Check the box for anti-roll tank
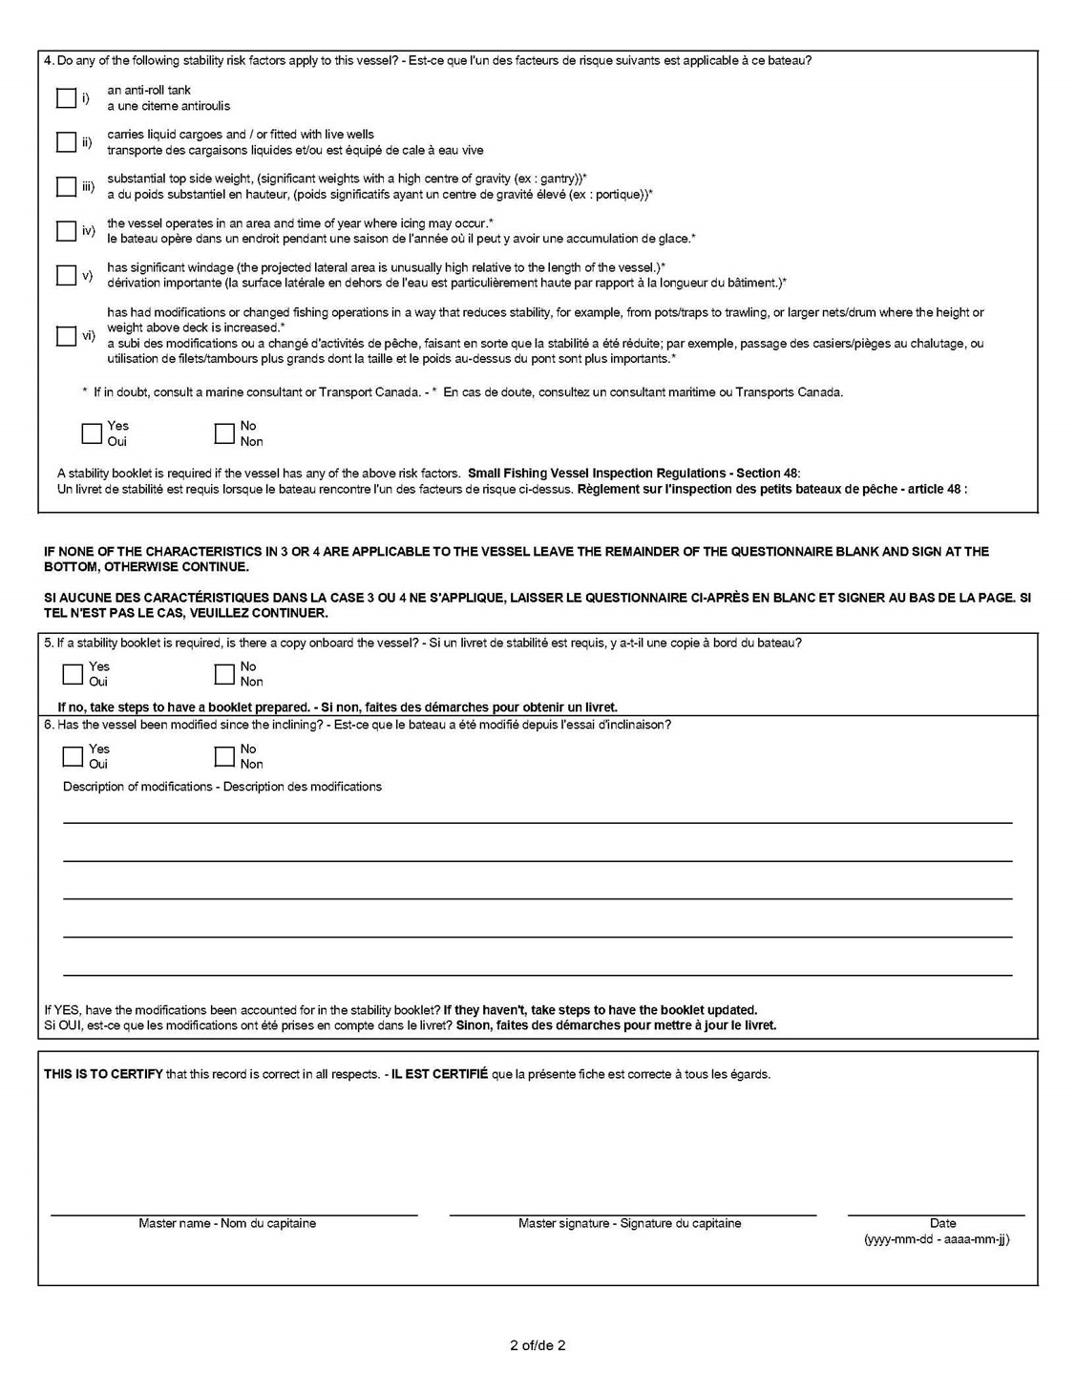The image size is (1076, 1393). click(66, 98)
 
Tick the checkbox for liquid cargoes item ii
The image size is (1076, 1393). click(66, 142)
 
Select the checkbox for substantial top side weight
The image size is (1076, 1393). click(66, 186)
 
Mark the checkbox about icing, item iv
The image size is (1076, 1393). click(66, 231)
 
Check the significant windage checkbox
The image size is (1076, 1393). click(66, 275)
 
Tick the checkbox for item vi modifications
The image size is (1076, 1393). click(66, 336)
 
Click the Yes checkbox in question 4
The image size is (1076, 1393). click(92, 433)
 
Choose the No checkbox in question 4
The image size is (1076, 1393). click(224, 433)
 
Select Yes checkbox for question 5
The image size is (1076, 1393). click(73, 674)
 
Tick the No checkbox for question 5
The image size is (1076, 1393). click(224, 674)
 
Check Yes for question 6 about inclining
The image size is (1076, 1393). click(73, 756)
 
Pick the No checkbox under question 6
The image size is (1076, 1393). click(224, 756)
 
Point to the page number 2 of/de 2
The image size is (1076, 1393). click(538, 1345)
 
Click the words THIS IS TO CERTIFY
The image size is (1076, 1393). click(103, 1074)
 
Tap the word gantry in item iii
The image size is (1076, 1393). click(558, 179)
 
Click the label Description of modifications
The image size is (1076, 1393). click(137, 787)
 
